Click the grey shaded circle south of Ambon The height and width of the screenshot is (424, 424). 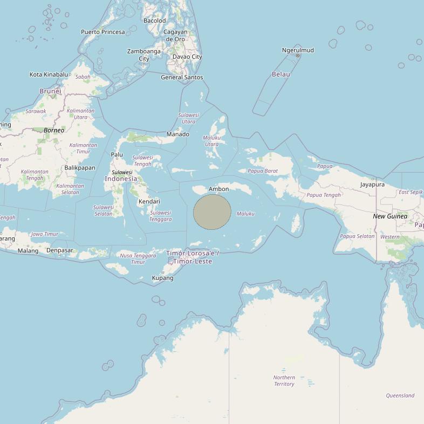[x=212, y=212]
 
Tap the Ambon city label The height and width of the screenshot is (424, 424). [x=218, y=189]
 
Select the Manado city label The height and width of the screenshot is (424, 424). [x=177, y=134]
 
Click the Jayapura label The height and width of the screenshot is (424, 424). [x=372, y=184]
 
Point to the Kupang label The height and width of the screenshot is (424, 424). [x=162, y=278]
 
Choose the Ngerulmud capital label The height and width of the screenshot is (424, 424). [x=298, y=50]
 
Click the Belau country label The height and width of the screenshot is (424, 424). [x=281, y=74]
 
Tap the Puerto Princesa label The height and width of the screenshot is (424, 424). [x=102, y=32]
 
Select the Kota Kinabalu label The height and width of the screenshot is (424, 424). [x=49, y=74]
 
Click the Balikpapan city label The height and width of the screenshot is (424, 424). [x=80, y=168]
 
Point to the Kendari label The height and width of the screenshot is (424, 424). [x=149, y=201]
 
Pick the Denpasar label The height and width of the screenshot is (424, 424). [x=59, y=250]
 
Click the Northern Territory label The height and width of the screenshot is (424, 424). [x=284, y=381]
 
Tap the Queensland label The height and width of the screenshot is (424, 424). [x=400, y=395]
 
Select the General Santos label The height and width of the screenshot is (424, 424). [x=182, y=77]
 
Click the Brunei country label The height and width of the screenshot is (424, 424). [x=50, y=91]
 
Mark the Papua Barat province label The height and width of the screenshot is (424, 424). [x=263, y=171]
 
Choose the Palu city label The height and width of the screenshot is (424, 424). [x=117, y=155]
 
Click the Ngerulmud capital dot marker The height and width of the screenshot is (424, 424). [x=298, y=56]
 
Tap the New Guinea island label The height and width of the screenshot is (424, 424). [x=390, y=216]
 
